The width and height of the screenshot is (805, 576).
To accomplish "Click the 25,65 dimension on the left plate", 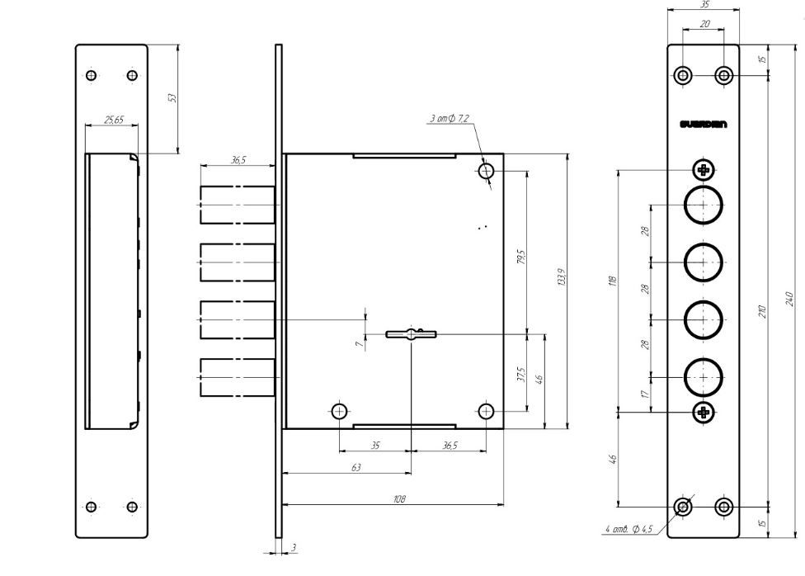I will [113, 120].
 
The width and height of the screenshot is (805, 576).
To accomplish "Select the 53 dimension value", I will [172, 98].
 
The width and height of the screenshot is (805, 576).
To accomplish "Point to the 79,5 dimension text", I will [520, 257].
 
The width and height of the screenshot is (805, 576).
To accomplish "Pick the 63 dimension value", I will [355, 467].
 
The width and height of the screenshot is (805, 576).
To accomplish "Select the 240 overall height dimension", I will [789, 297].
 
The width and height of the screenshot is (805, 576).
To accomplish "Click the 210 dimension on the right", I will [763, 310].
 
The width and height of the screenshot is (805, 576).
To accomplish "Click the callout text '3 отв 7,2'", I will [449, 120].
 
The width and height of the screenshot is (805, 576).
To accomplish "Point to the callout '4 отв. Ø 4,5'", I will [628, 528].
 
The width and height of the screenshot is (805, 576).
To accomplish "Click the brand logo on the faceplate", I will [704, 125].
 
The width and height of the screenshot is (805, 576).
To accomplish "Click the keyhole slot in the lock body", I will [410, 333].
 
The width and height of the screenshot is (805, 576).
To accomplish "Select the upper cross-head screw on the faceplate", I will [704, 171].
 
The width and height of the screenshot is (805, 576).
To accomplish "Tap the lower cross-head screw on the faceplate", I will [704, 412].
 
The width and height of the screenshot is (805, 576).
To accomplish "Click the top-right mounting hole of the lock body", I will [487, 172].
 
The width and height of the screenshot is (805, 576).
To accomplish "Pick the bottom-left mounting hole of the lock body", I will [339, 411].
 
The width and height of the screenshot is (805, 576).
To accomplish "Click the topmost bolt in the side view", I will [238, 205].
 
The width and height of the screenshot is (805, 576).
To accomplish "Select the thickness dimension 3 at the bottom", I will [293, 548].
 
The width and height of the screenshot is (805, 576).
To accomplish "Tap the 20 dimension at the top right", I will [704, 24].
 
